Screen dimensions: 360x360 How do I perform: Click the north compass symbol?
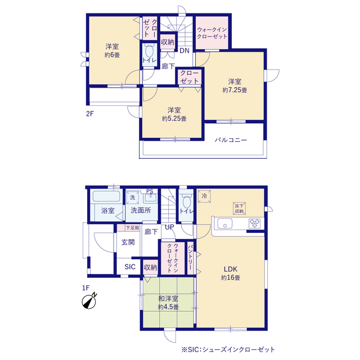click(89, 301)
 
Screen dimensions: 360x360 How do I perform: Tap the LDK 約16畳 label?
click(231, 273)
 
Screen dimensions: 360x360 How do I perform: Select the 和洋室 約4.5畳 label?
click(168, 303)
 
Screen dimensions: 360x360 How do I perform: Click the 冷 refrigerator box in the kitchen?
click(204, 196)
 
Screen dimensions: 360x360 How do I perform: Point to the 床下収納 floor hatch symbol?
click(239, 209)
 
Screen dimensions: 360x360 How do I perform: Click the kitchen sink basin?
click(225, 224)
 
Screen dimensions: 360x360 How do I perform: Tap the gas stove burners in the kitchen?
click(255, 223)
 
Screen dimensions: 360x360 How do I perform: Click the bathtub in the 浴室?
click(106, 196)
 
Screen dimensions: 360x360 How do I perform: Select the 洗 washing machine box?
click(133, 197)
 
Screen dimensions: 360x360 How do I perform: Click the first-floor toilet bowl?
click(186, 201)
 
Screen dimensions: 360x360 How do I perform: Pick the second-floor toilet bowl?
click(149, 51)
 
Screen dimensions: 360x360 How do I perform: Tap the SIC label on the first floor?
click(130, 267)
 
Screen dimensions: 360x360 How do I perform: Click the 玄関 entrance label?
click(128, 242)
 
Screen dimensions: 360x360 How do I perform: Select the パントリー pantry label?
click(190, 257)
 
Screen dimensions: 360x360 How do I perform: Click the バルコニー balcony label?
click(231, 140)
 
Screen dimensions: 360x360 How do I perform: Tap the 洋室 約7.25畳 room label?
click(235, 85)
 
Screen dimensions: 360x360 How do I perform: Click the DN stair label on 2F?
click(184, 51)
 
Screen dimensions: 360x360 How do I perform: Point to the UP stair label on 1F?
click(169, 227)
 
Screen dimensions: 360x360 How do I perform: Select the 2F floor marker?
click(90, 114)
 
